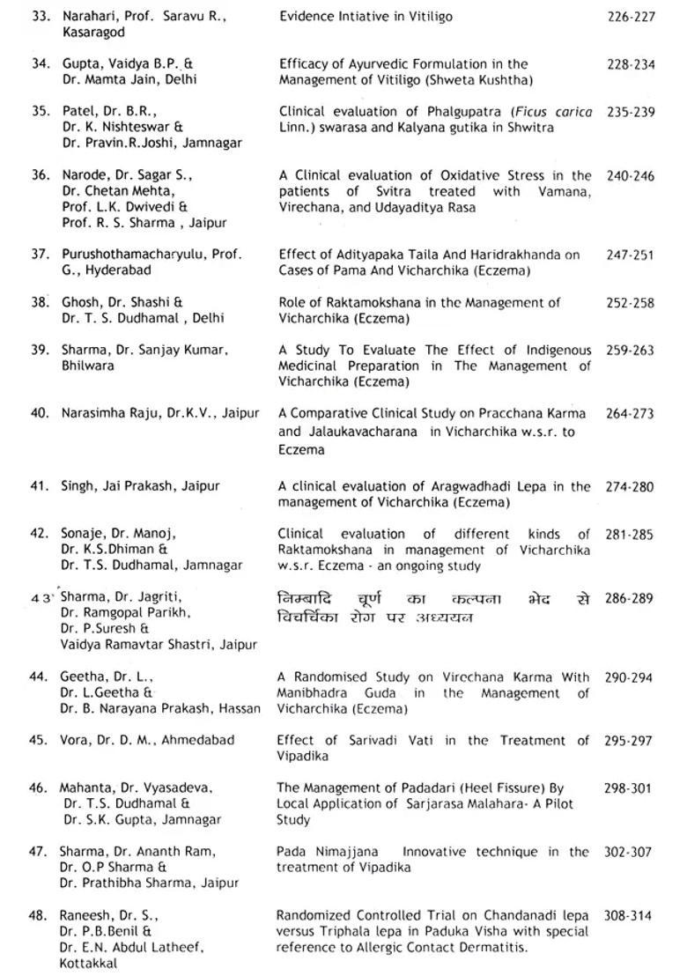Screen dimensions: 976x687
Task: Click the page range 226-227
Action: [x=631, y=16]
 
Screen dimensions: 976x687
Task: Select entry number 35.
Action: [x=40, y=112]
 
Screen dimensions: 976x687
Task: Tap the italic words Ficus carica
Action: [x=559, y=112]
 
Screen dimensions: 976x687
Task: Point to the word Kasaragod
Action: [x=92, y=32]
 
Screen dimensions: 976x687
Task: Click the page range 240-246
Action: [x=631, y=175]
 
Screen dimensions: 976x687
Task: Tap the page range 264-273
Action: [x=631, y=413]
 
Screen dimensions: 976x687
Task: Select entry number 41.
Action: [x=39, y=486]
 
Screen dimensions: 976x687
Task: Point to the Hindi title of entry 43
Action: [x=433, y=608]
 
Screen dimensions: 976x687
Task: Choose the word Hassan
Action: [x=240, y=708]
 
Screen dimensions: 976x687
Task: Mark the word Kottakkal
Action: [x=89, y=964]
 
